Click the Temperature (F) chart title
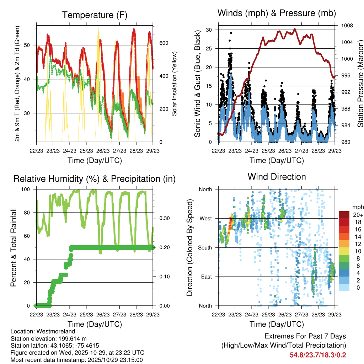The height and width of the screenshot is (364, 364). (95, 15)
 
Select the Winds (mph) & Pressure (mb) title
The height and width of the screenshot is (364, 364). (277, 13)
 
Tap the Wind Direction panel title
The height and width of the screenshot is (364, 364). (277, 176)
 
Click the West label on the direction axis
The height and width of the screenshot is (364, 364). (205, 218)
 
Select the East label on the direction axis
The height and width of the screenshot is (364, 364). (206, 277)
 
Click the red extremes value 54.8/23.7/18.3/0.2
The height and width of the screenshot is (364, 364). (318, 355)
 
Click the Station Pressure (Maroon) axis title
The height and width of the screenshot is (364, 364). (360, 84)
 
